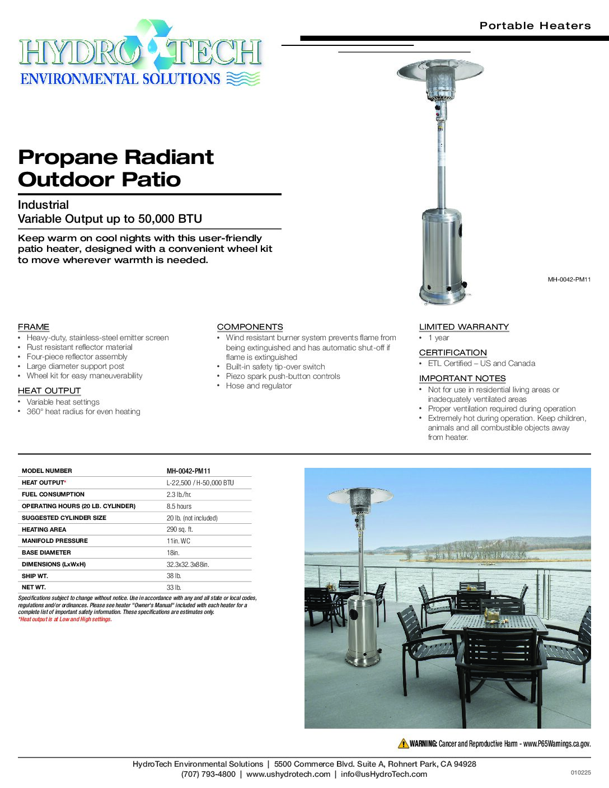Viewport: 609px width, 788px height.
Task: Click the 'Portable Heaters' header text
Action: [x=535, y=26]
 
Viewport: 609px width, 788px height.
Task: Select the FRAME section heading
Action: [x=34, y=327]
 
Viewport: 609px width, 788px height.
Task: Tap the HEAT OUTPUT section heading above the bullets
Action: [x=49, y=391]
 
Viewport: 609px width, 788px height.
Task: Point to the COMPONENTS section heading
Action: [x=250, y=327]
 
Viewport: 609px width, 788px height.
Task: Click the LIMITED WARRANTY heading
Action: [x=463, y=327]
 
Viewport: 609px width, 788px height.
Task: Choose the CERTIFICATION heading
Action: [x=453, y=353]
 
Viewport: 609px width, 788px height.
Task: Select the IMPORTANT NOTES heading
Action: [x=462, y=378]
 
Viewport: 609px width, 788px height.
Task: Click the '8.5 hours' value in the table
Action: [x=179, y=506]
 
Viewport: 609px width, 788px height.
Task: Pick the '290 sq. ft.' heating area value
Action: [x=180, y=529]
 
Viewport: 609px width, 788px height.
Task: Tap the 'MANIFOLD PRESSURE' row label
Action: [x=55, y=541]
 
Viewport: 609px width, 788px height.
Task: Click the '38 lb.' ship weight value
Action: [x=174, y=576]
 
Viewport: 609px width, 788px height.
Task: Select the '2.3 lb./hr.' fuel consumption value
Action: [x=179, y=494]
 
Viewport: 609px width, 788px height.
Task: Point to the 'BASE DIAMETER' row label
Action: [x=46, y=552]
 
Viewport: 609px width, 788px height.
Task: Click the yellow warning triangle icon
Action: [x=403, y=744]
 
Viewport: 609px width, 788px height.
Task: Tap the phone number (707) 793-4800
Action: [x=208, y=774]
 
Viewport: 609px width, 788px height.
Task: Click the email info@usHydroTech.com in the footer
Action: [x=383, y=774]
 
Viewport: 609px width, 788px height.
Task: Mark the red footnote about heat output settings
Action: [x=65, y=620]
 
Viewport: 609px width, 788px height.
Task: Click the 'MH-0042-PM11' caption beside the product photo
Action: [x=569, y=279]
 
